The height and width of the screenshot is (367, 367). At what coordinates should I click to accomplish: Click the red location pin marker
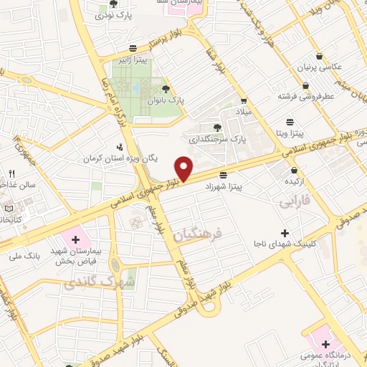tap(184, 169)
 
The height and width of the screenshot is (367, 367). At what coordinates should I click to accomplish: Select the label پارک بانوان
tap(166, 101)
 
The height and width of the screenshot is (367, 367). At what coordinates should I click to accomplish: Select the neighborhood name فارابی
tap(293, 203)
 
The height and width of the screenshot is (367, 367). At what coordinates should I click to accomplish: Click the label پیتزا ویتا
tap(290, 133)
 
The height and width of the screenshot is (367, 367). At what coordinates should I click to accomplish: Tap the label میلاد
tap(244, 113)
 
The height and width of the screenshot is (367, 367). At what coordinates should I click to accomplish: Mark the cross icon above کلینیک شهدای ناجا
tap(285, 233)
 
